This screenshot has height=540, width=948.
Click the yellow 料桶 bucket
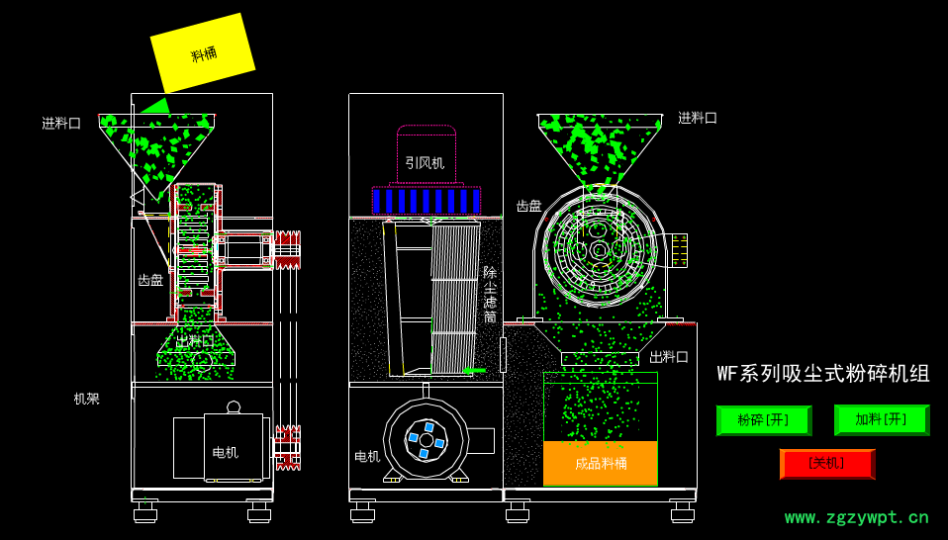203,53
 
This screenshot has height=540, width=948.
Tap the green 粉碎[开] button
763,419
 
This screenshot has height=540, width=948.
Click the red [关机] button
826,463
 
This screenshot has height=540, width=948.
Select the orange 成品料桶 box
601,463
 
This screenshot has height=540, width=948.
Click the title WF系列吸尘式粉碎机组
823,374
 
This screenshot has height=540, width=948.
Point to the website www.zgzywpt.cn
856,517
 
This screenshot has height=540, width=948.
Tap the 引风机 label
425,162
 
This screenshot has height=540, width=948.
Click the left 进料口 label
61,124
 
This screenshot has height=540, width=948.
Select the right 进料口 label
697,118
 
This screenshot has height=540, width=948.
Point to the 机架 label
87,399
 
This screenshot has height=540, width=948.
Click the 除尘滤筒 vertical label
490,295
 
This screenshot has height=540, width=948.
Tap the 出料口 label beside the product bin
669,357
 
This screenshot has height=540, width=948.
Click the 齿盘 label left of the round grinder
528,206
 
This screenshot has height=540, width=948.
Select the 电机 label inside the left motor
226,452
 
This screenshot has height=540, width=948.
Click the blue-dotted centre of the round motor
427,439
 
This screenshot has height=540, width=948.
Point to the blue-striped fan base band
427,201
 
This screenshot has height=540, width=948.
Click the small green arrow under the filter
474,371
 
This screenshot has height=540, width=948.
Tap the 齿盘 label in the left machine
150,280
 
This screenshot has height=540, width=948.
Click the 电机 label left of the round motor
367,456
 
